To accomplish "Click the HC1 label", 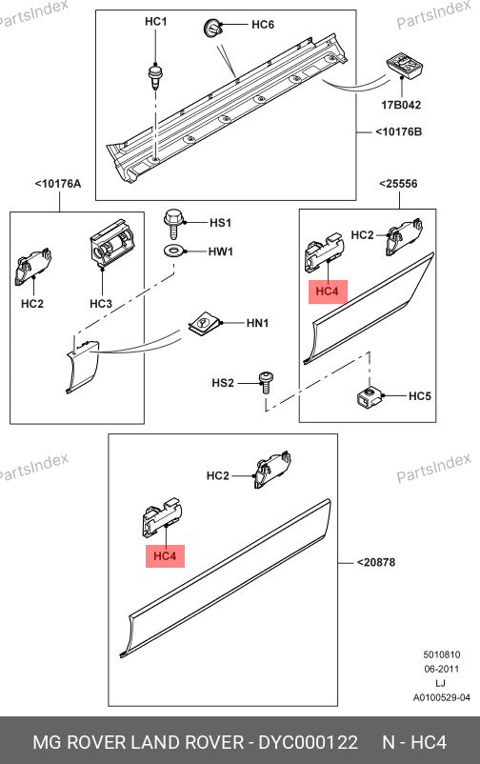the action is click(x=156, y=22).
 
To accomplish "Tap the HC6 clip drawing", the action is click(x=212, y=28).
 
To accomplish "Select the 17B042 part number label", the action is click(x=401, y=105).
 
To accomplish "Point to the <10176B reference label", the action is click(x=399, y=131).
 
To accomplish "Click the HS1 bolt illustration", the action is click(x=173, y=224).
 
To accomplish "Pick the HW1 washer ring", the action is click(x=174, y=251).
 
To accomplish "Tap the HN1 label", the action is click(x=257, y=323).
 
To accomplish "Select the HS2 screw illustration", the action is click(x=266, y=383).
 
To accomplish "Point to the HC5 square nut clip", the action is click(x=369, y=395).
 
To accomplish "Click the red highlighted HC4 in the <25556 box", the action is click(x=328, y=292).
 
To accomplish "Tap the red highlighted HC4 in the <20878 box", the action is click(x=165, y=556).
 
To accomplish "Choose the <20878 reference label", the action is click(x=376, y=562).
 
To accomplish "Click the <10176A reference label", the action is click(x=58, y=184).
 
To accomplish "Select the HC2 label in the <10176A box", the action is click(x=32, y=304).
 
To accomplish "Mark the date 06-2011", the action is click(x=442, y=669).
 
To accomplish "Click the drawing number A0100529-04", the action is click(x=442, y=697).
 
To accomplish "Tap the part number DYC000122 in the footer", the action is click(x=308, y=742).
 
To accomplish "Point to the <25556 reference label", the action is click(x=399, y=184).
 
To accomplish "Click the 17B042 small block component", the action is click(x=405, y=66).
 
